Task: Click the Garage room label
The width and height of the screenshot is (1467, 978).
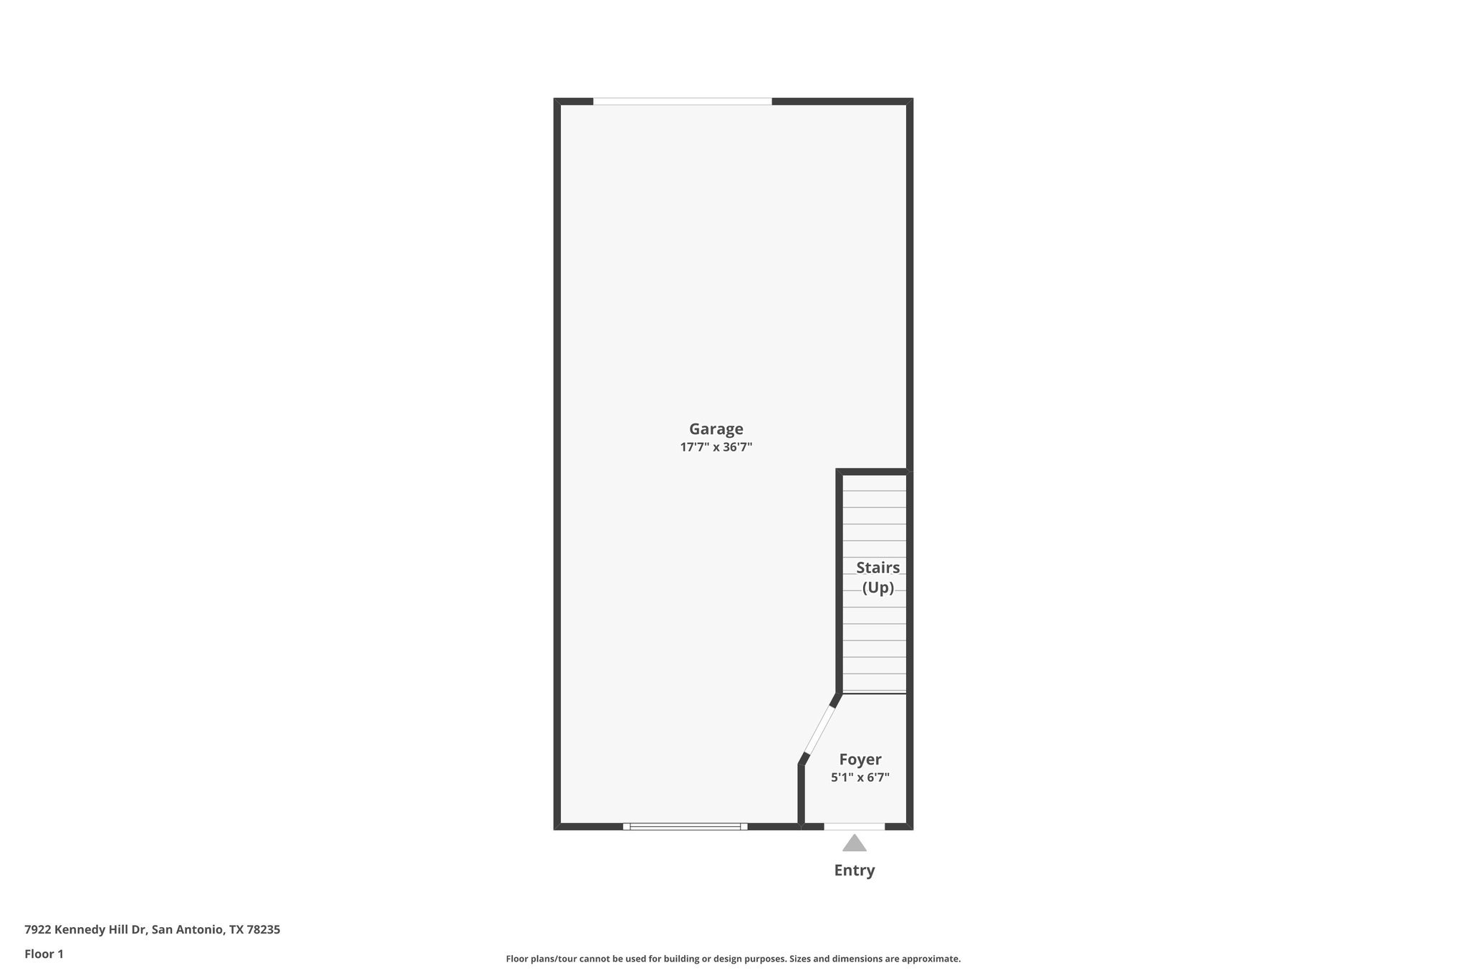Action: point(716,429)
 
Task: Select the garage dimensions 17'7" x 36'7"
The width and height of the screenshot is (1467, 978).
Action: point(716,447)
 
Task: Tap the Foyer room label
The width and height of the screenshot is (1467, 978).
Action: point(860,759)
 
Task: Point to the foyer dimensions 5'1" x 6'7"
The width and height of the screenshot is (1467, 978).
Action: point(860,777)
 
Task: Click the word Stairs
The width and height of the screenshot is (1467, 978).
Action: point(877,568)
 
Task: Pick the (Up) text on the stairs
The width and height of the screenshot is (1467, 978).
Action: point(877,588)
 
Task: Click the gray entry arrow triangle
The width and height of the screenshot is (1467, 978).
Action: point(854,843)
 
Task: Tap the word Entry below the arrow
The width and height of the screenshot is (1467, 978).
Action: point(854,871)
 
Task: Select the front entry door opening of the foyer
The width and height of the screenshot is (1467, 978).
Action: point(854,826)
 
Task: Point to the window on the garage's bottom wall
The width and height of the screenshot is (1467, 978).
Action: point(685,826)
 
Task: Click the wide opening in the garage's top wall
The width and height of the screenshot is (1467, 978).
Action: point(682,102)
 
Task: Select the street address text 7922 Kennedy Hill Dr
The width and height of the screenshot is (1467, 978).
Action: point(85,930)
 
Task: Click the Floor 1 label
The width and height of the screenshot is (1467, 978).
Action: point(44,954)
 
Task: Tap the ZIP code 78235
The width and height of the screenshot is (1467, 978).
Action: point(263,930)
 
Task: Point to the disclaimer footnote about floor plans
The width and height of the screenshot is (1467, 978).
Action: point(733,959)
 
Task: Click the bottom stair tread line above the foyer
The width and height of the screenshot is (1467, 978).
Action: point(874,693)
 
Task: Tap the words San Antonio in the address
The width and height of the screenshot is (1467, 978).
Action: point(188,930)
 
